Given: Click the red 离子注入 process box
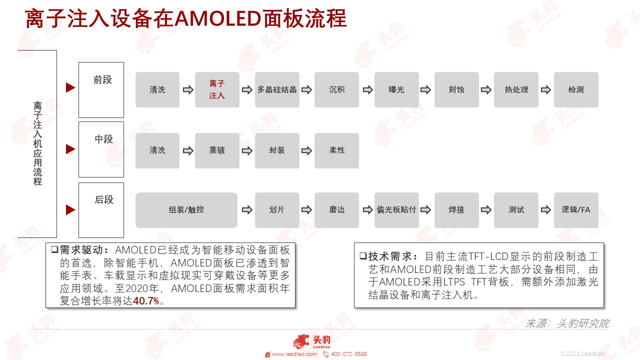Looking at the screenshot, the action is (217, 89).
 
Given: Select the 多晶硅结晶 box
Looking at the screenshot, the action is (277, 89).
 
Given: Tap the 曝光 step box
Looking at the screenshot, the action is (396, 89).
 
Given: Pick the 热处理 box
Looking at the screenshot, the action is (516, 89).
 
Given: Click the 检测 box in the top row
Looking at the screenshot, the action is (576, 89).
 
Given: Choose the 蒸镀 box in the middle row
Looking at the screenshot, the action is (217, 150).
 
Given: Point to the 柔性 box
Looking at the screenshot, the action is (336, 150).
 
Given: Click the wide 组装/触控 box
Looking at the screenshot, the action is (186, 210).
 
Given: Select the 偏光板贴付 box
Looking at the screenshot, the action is (396, 210).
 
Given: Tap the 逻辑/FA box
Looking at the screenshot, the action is (576, 210).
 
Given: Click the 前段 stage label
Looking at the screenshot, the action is (102, 79).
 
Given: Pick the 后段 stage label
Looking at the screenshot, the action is (104, 199).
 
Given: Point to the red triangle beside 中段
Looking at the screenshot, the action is (70, 149).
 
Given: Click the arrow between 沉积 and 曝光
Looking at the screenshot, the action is (367, 90).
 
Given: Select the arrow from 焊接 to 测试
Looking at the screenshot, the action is (486, 210).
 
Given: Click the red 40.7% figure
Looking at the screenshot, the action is (145, 301).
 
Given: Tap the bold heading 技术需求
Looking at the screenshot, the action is (389, 256).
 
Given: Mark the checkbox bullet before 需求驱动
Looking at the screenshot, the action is (54, 249).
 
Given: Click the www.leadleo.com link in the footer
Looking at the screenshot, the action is (294, 354).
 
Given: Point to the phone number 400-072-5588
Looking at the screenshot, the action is (349, 354).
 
